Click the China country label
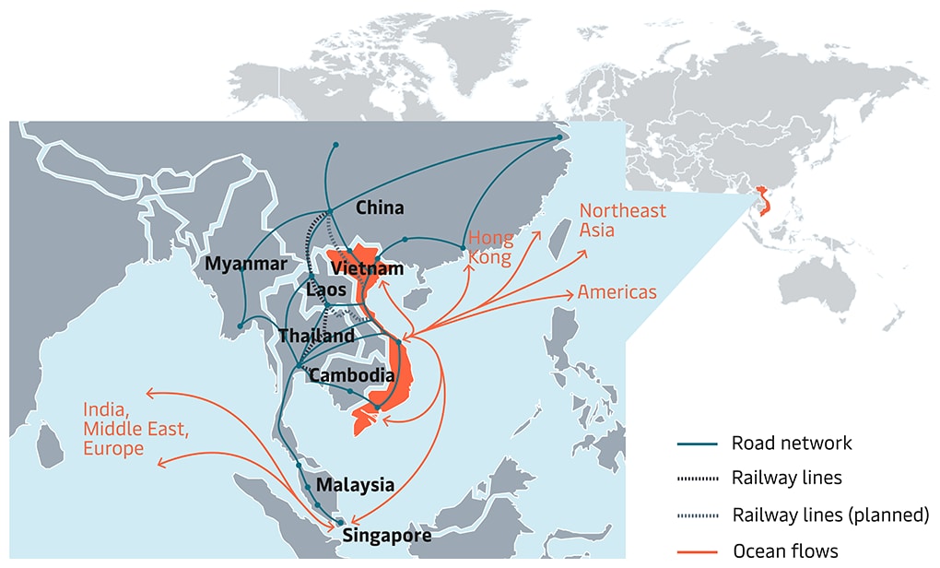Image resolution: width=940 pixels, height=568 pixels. (x=380, y=207)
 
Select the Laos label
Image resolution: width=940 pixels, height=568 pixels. (x=326, y=290)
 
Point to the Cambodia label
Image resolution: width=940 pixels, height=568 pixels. (x=352, y=375)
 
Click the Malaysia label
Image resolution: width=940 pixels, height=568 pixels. (x=355, y=485)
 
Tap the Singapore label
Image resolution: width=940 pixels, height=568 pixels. (x=386, y=534)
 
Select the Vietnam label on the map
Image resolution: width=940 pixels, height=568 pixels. (x=367, y=268)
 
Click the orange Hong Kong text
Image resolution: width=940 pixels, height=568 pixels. (x=490, y=248)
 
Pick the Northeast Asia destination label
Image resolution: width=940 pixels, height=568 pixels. (x=622, y=219)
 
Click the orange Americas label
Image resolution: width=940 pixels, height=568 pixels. (x=617, y=292)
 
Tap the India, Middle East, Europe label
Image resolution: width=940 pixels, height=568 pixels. (x=124, y=429)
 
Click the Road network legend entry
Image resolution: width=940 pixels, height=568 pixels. (x=792, y=443)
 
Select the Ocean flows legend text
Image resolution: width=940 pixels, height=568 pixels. (x=785, y=551)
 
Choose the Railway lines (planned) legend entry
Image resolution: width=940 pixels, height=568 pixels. (x=830, y=515)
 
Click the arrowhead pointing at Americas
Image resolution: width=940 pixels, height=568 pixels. (x=570, y=295)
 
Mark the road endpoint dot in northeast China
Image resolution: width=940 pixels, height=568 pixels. (x=558, y=138)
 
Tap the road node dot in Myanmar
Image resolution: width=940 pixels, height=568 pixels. (x=241, y=325)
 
